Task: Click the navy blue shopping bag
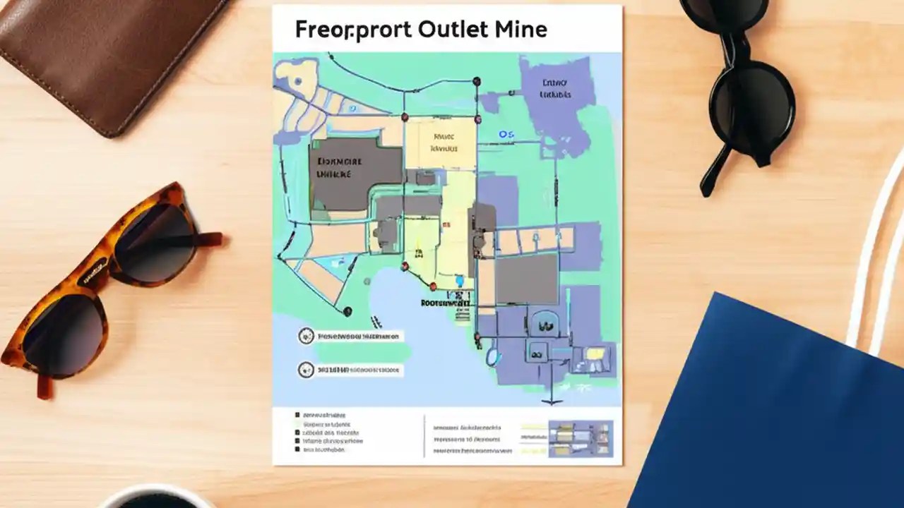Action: tap(770, 409)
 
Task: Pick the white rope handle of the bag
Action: tap(876, 247)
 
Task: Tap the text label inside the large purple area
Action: tap(555, 88)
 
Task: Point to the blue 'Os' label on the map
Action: tap(506, 134)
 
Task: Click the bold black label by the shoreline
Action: tap(445, 302)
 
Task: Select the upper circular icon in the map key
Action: tap(306, 337)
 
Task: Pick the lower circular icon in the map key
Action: tap(306, 368)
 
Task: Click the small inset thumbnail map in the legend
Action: tap(581, 437)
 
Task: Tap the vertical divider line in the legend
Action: tap(424, 436)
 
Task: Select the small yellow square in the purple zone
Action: tap(595, 353)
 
